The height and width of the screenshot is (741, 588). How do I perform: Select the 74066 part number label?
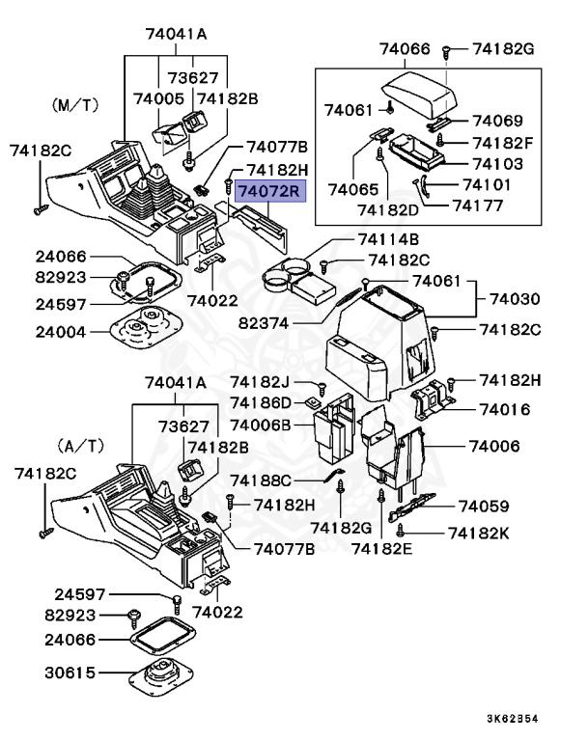pos(405,48)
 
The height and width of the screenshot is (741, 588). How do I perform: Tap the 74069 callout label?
pos(496,121)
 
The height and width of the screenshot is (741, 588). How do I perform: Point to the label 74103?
pos(496,164)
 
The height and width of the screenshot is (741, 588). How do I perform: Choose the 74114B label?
pos(388,239)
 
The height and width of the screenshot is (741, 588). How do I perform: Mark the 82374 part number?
pos(289,322)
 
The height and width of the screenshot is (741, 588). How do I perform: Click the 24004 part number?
pos(61,331)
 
